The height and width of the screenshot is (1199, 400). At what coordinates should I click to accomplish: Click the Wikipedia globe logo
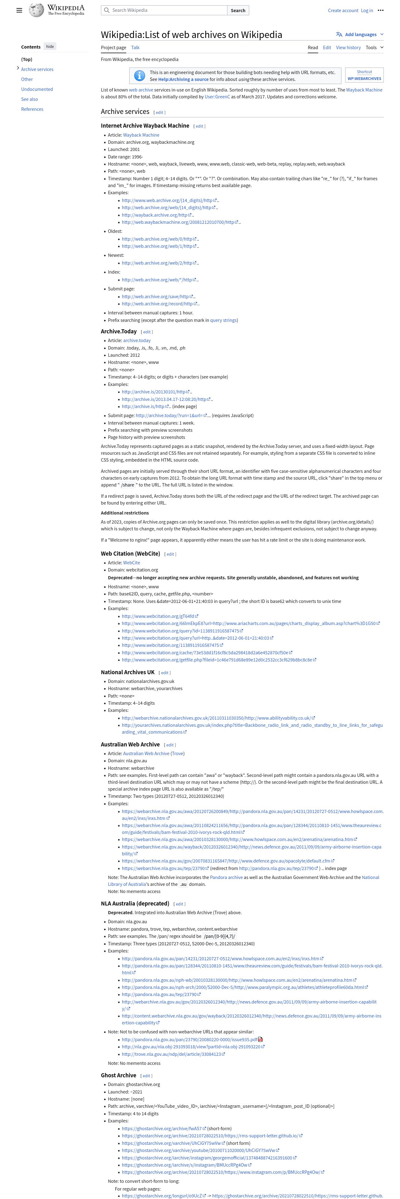click(36, 10)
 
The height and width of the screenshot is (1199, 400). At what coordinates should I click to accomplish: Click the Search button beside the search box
click(238, 10)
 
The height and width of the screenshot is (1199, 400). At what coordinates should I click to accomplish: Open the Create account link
click(343, 10)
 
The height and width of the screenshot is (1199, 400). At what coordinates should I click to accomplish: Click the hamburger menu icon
click(19, 10)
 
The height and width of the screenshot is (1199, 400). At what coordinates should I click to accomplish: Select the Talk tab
click(135, 48)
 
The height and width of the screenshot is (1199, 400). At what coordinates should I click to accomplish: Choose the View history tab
click(348, 48)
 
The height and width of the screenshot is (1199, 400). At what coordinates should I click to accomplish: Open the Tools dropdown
click(374, 48)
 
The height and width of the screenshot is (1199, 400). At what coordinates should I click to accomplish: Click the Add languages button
click(360, 35)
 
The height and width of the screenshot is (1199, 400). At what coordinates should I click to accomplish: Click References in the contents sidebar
click(32, 109)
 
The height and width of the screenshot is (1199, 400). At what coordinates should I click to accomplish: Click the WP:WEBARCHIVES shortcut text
click(364, 79)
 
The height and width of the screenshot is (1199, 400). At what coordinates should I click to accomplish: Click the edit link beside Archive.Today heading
click(147, 332)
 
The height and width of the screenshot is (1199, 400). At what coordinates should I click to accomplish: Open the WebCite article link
click(131, 563)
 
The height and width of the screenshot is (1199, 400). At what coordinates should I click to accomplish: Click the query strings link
click(223, 320)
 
